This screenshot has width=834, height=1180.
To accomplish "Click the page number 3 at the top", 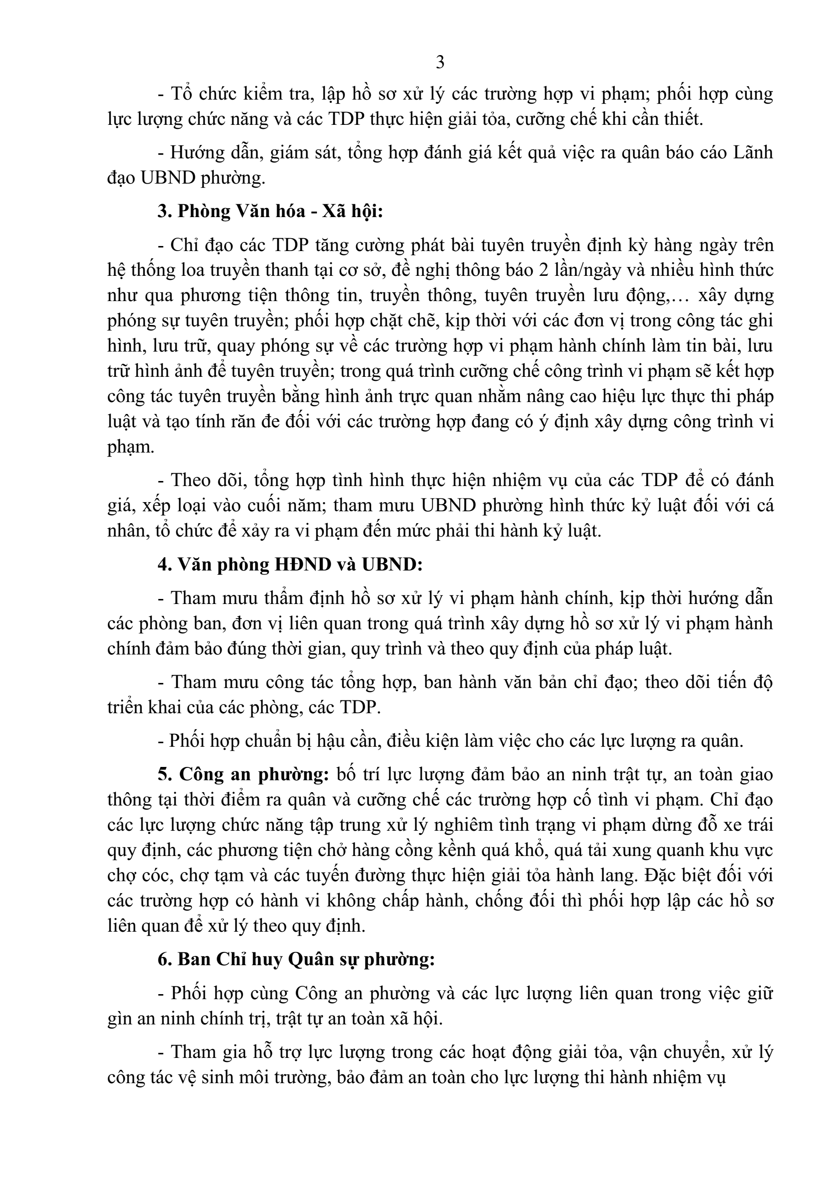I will (x=439, y=63).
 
